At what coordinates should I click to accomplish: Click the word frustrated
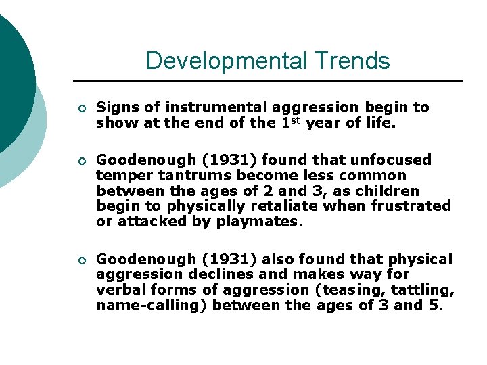click(415, 205)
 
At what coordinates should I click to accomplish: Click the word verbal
click(119, 289)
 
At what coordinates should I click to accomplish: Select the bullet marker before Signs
click(81, 107)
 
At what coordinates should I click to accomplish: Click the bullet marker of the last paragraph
click(81, 260)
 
